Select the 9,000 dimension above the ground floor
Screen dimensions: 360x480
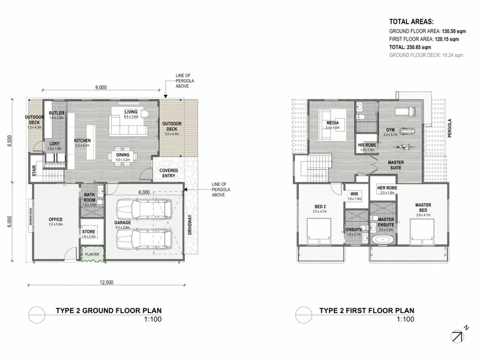click(x=101, y=88)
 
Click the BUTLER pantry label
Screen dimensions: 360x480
click(x=56, y=114)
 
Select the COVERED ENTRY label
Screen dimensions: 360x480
click(x=169, y=173)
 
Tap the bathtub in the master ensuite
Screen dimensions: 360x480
click(x=382, y=241)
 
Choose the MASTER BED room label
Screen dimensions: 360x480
click(x=423, y=207)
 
